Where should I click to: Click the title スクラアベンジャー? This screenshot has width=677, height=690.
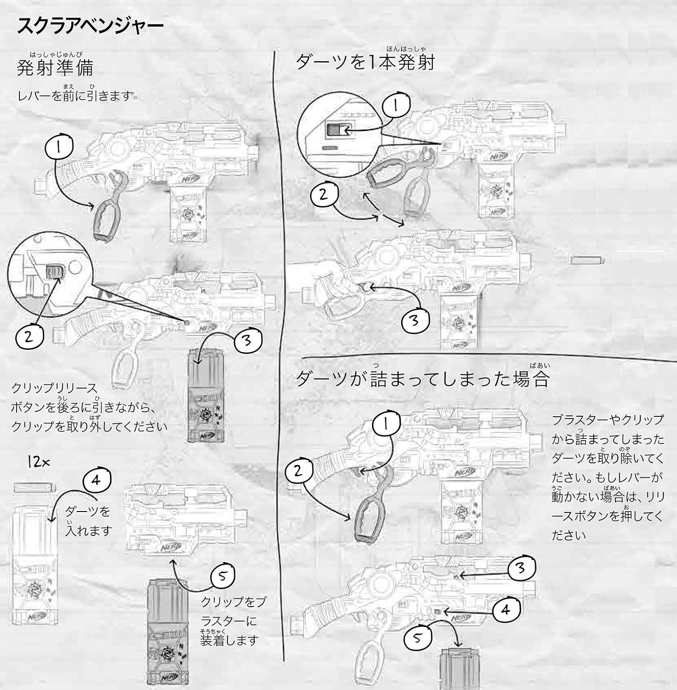coord(90,26)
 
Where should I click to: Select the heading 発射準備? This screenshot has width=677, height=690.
coord(55,67)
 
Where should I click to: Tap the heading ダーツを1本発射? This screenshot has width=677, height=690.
coord(365,61)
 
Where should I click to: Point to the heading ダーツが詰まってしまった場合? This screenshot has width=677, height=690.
coord(422,379)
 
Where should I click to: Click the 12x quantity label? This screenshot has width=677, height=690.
coord(39,463)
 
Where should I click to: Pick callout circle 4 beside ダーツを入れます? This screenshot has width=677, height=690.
coord(97,481)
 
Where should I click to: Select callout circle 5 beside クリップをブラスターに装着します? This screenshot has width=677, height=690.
coord(223,577)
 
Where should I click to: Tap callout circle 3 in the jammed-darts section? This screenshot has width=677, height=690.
coord(522,569)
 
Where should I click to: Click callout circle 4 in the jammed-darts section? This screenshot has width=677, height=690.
coord(507,610)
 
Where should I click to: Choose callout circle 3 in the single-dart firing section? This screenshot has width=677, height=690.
coord(415,320)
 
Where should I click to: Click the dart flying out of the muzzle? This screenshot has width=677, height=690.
coord(587,261)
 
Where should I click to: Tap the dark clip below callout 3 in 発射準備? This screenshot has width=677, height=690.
coord(205,396)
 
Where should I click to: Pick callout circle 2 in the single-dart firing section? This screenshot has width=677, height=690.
coord(324,195)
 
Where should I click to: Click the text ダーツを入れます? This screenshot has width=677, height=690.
coord(88,520)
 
